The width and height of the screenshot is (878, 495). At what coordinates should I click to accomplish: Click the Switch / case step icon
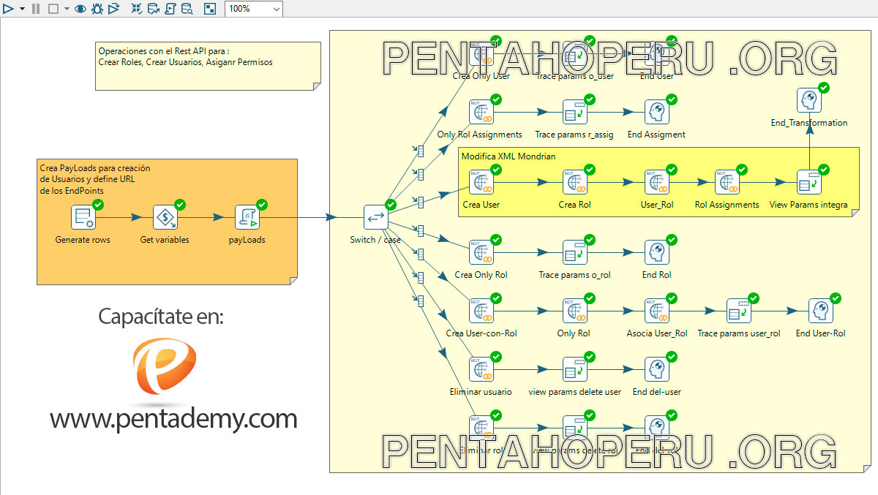pos(376,217)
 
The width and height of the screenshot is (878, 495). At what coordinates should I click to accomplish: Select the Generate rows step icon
pos(83,217)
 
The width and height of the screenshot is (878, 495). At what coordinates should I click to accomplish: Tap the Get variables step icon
pos(165,217)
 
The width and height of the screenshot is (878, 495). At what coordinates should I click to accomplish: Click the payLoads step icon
pos(247,217)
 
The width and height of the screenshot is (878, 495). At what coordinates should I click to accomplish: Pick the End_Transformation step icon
pos(808,101)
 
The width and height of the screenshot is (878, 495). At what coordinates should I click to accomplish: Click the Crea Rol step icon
pos(574,182)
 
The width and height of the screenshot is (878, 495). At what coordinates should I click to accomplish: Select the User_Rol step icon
pos(656,182)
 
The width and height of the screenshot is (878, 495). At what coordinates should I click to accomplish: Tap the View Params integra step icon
pos(808,182)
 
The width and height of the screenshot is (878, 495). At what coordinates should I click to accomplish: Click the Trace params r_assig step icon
pos(574,113)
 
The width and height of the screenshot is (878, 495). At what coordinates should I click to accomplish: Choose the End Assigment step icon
pos(656,113)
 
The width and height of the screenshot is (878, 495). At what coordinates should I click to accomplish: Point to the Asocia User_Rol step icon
pos(656,311)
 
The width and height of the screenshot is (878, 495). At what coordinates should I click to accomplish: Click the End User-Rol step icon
pos(820,311)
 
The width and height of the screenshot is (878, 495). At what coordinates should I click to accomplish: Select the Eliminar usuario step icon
pos(481,370)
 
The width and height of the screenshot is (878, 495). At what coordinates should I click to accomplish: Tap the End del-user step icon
pos(656,370)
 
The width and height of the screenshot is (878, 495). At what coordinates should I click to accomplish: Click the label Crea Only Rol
pos(481,275)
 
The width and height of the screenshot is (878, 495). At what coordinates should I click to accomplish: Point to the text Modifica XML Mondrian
pos(509,156)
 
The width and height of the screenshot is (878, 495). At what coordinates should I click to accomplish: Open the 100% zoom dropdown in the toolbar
pos(276,9)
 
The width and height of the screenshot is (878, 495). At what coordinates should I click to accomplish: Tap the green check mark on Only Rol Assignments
pos(495,99)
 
